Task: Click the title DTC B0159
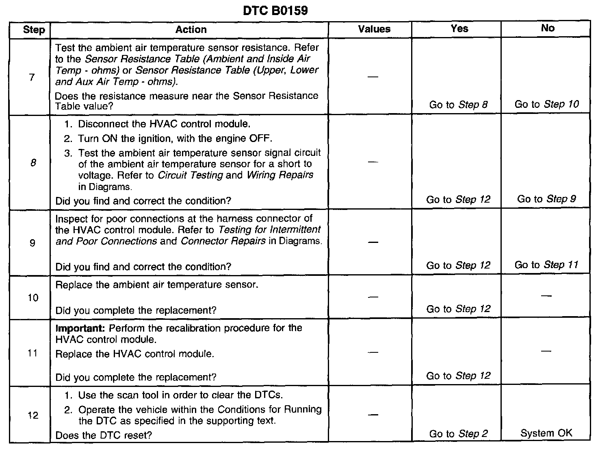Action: [x=275, y=10]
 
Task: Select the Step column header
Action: [x=34, y=30]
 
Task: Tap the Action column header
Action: [x=191, y=29]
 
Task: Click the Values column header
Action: [x=374, y=29]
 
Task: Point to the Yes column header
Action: [x=459, y=28]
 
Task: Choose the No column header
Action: [x=548, y=28]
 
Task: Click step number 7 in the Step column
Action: [x=32, y=77]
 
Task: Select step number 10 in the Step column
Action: [x=33, y=298]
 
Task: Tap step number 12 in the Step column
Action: [x=33, y=415]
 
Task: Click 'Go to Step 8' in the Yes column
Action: [x=458, y=105]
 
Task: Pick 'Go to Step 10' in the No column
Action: [x=547, y=104]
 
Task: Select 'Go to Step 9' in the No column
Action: [x=546, y=199]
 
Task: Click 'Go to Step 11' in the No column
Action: [x=546, y=265]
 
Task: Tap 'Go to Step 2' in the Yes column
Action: [x=458, y=434]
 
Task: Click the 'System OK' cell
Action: [x=546, y=433]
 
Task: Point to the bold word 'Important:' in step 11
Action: [x=80, y=328]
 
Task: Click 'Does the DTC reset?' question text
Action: [x=104, y=435]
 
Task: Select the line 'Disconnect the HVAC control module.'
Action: [x=164, y=124]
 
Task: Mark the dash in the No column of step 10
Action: [x=546, y=296]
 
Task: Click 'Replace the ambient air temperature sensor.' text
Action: [x=157, y=285]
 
